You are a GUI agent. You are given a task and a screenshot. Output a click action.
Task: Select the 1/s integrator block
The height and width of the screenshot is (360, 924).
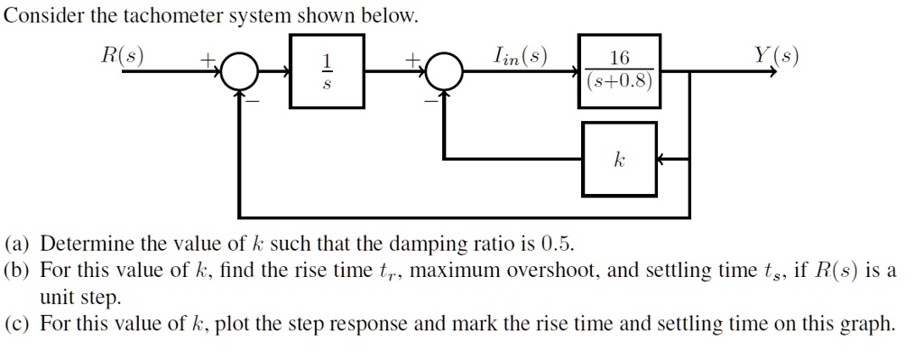point(327,72)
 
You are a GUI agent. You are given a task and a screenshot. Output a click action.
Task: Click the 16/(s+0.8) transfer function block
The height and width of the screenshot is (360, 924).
point(620,72)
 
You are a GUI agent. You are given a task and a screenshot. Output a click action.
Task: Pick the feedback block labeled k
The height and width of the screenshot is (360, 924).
point(619,159)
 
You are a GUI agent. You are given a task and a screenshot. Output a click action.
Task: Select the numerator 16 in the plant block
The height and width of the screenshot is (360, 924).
point(620,60)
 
